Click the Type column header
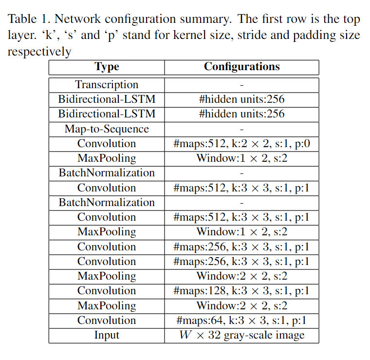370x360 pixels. point(107,67)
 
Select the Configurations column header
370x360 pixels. point(242,67)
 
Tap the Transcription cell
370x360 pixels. point(107,85)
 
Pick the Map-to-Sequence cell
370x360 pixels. point(107,129)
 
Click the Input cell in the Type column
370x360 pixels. point(107,335)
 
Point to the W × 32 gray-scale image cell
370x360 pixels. point(242,335)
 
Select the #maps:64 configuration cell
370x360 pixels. point(241,321)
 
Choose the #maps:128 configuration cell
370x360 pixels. point(241,291)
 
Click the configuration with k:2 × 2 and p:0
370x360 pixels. point(241,144)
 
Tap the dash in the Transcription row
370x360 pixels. point(242,85)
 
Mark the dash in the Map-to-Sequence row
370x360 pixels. point(242,130)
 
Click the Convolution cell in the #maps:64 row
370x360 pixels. point(107,321)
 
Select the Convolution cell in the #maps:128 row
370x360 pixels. point(107,291)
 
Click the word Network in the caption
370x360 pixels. point(77,19)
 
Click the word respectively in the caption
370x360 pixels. point(39,52)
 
